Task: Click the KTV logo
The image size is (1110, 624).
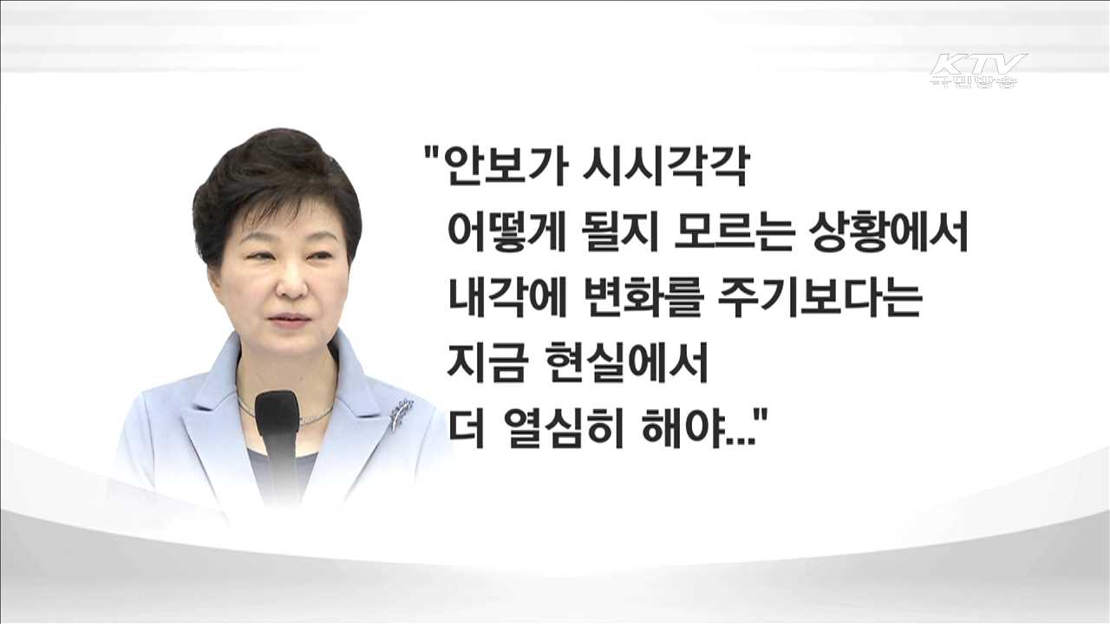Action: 978,64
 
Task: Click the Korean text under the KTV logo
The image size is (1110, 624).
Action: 973,82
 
